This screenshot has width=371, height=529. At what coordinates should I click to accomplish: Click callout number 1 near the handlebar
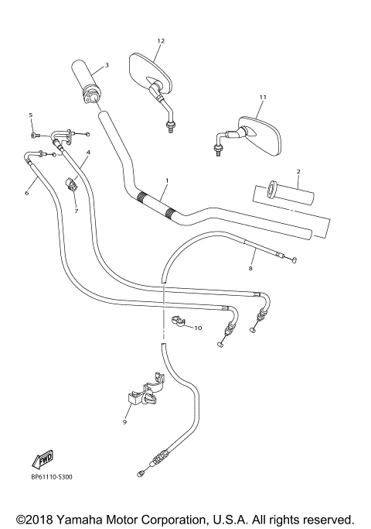tap(165, 180)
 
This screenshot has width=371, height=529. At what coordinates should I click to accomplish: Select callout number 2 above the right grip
tap(298, 170)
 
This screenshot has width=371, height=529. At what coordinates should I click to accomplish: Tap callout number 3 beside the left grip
tap(106, 65)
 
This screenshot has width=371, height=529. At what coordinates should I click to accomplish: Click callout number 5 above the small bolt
tap(31, 115)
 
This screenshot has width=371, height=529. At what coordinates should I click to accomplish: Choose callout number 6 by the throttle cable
tap(26, 193)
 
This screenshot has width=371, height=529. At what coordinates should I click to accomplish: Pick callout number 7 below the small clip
tap(77, 211)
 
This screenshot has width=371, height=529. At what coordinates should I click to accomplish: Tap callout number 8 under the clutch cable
tap(250, 268)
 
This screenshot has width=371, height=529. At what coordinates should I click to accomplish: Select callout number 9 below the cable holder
tap(124, 422)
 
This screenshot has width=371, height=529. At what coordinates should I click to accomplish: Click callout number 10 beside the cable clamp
tap(198, 328)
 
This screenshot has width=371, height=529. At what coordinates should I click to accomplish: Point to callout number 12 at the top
tap(161, 40)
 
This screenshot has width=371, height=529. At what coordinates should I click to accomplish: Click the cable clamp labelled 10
tap(175, 322)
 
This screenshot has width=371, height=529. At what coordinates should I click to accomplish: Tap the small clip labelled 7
tap(74, 186)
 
